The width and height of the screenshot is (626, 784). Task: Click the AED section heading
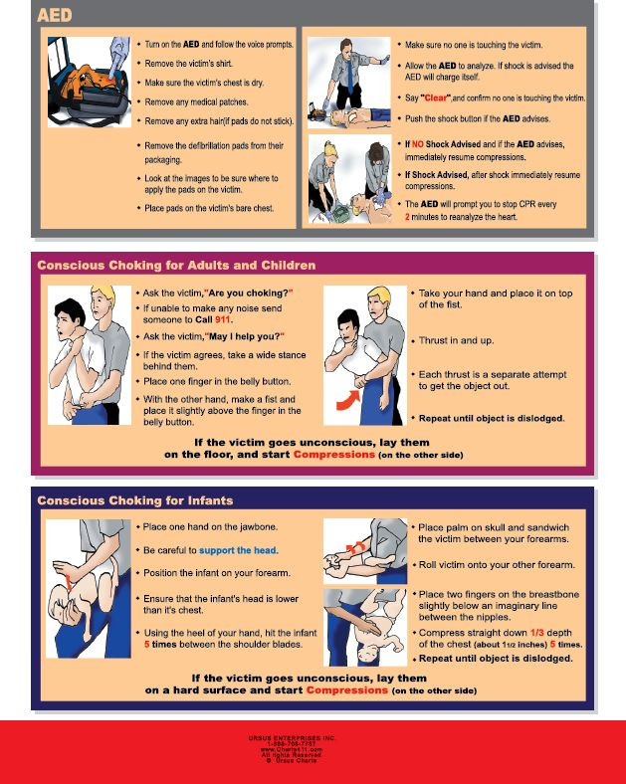pos(57,15)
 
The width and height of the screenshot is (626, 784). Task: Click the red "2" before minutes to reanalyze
pos(406,215)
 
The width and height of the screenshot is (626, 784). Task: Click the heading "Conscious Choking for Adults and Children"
pos(176,266)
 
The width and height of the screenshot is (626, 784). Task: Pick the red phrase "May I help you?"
pos(244,336)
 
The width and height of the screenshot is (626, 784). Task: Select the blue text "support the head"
pos(238,550)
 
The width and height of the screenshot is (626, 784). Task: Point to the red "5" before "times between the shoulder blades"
pos(147,645)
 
